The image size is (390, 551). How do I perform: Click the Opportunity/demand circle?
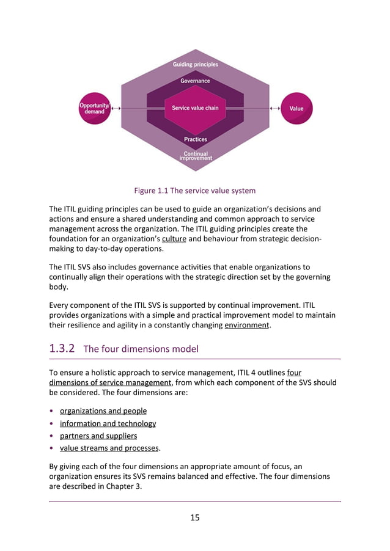point(94,109)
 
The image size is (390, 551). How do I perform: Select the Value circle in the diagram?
point(296,109)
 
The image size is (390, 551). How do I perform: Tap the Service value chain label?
point(195,108)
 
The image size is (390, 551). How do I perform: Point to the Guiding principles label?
point(195,64)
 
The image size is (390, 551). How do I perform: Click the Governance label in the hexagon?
point(195,81)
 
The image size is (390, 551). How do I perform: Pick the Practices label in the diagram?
point(196,139)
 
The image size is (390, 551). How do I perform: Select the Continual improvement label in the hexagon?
point(196,156)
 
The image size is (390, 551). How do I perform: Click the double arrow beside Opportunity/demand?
point(116,109)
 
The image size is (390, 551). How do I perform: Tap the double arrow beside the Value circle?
point(274,109)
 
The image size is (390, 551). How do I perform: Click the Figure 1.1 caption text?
point(195,191)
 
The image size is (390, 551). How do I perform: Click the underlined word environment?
point(246,325)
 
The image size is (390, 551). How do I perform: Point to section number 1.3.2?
point(62,349)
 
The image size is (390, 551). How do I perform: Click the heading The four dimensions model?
point(141,349)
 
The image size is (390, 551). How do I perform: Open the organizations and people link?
point(103,411)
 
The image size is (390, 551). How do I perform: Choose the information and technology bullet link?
point(108,423)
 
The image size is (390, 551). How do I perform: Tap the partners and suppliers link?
point(98,436)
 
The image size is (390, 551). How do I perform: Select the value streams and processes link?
point(109,448)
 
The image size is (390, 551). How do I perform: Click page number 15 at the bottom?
point(195,517)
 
